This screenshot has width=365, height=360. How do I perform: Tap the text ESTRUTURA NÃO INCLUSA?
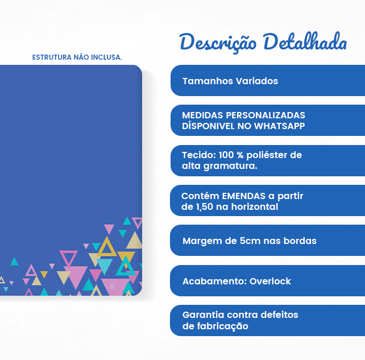(77, 57)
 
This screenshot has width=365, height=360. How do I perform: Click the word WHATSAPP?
(279, 126)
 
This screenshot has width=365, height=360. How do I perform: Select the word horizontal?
(254, 207)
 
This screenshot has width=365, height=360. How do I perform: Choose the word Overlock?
(270, 281)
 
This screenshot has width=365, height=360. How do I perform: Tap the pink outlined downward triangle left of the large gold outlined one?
(69, 258)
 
